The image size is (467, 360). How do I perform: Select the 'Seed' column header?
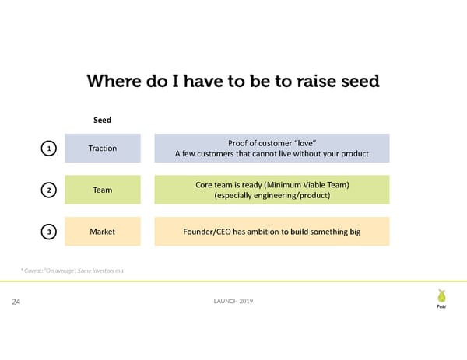point(103,121)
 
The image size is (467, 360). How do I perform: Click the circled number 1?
point(48,148)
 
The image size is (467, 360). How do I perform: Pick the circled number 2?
point(48,190)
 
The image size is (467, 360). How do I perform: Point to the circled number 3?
point(48,232)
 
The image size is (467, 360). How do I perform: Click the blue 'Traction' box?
point(103,148)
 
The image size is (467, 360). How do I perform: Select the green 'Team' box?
point(103,190)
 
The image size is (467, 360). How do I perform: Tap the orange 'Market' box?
point(103,232)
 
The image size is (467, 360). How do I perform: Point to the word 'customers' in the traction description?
point(221,154)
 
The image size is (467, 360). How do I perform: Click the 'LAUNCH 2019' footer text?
point(233,302)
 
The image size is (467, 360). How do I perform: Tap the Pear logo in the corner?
point(442,299)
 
